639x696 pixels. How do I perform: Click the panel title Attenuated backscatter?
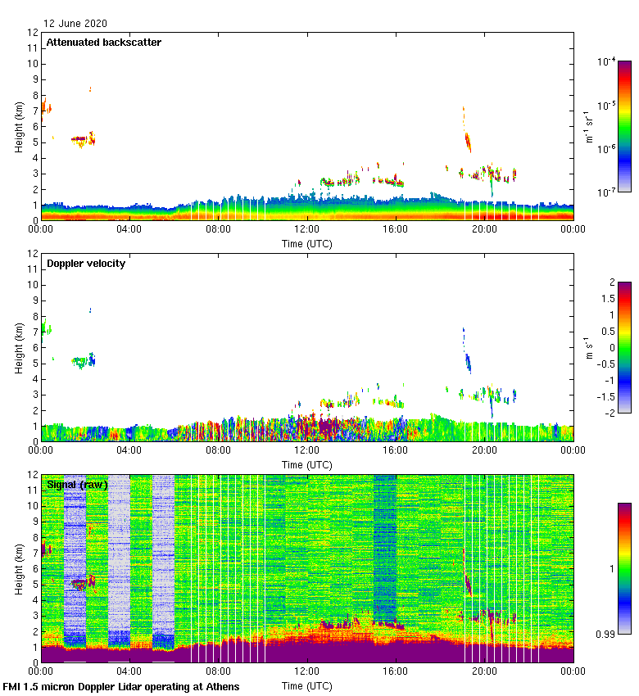pos(103,43)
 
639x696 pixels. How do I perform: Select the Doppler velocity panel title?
pos(85,264)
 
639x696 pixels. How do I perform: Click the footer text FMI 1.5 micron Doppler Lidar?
pos(121,686)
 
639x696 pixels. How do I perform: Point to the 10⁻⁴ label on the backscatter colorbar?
pos(607,62)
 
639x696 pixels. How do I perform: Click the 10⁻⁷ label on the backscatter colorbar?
pos(607,192)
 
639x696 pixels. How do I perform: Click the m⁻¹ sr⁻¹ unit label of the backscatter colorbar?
pos(589,126)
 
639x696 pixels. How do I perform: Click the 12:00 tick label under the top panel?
pos(307,230)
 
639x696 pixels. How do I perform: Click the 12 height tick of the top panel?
pos(34,33)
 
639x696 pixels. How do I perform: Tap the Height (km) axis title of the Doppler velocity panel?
pos(19,347)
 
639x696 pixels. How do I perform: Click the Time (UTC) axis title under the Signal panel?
pos(307,685)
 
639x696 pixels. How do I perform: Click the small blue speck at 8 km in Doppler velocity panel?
pos(90,310)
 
